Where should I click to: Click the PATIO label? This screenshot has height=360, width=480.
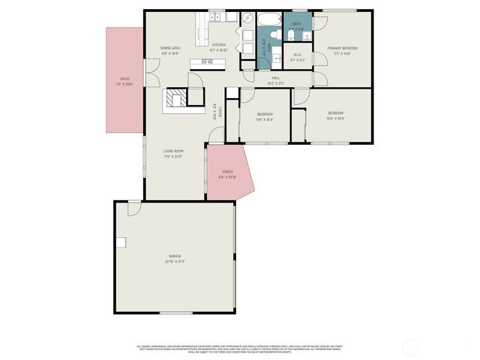[x=124, y=78]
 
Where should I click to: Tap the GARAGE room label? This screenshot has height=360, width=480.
[x=175, y=256]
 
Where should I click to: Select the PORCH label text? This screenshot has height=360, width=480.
[x=227, y=172]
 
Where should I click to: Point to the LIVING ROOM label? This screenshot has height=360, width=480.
[x=174, y=151]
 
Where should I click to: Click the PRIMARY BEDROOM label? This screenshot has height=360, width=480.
[x=342, y=48]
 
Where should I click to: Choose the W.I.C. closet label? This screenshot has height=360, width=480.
[x=297, y=54]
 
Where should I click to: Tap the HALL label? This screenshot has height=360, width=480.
[x=276, y=77]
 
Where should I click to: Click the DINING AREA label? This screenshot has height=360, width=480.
[x=170, y=48]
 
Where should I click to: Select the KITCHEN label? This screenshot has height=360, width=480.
[x=218, y=45]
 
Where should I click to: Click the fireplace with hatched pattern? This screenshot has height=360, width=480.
[x=176, y=99]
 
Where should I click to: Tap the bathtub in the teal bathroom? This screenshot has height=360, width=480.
[x=269, y=19]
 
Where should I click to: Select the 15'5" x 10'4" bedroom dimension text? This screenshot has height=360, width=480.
[x=335, y=118]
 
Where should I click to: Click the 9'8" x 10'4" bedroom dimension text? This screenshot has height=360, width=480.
[x=265, y=118]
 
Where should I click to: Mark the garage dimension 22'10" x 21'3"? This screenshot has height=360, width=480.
[x=175, y=262]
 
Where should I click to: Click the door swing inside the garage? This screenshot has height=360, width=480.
[x=134, y=208]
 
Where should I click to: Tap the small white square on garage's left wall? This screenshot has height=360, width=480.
[x=120, y=241]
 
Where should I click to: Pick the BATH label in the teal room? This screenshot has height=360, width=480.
[x=296, y=24]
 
